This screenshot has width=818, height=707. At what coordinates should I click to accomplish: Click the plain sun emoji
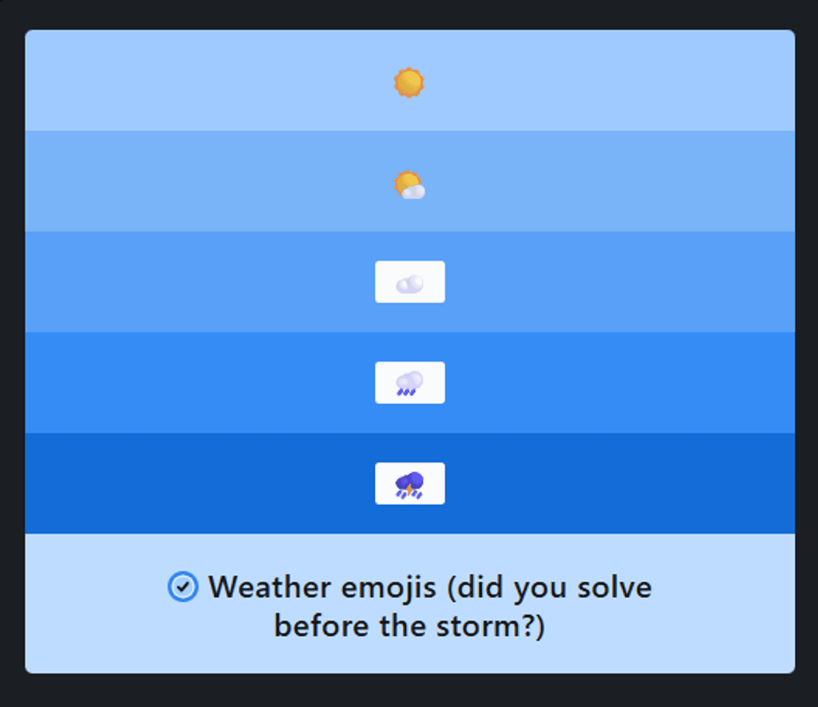pyautogui.click(x=409, y=83)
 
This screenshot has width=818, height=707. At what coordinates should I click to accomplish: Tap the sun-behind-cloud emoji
pyautogui.click(x=409, y=185)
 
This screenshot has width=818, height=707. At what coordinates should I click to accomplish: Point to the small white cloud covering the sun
pyautogui.click(x=414, y=192)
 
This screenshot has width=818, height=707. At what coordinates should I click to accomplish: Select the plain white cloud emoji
pyautogui.click(x=410, y=284)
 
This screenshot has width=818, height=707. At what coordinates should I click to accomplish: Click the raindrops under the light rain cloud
pyautogui.click(x=406, y=392)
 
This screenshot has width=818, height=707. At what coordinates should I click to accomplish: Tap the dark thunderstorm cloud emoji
pyautogui.click(x=410, y=485)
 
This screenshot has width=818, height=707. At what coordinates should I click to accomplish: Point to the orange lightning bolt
pyautogui.click(x=409, y=491)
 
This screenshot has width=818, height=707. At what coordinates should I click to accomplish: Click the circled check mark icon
pyautogui.click(x=183, y=586)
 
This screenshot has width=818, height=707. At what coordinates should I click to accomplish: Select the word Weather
pyautogui.click(x=270, y=587)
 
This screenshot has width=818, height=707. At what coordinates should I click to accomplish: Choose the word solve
pyautogui.click(x=614, y=587)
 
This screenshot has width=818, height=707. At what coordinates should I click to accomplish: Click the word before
pyautogui.click(x=322, y=626)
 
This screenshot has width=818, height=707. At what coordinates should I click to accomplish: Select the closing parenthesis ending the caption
pyautogui.click(x=540, y=628)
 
